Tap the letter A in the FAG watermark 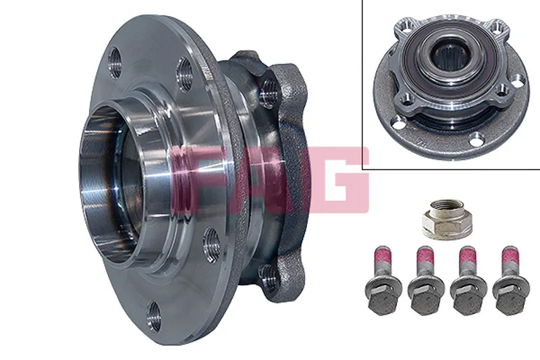(x=265, y=180)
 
